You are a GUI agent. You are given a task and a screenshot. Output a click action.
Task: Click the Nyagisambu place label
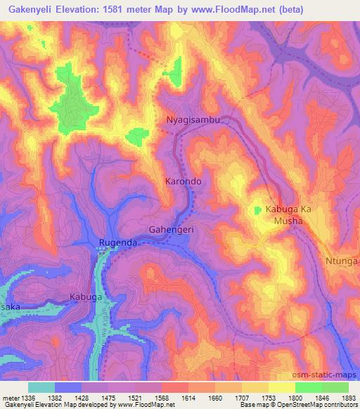tap(193, 120)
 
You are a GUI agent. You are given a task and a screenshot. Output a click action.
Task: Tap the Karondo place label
tap(184, 181)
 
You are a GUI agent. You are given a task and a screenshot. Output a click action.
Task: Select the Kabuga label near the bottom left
tap(86, 297)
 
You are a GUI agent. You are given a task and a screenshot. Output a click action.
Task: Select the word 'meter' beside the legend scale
tap(13, 398)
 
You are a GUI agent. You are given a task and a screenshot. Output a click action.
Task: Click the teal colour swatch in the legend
tap(41, 387)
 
